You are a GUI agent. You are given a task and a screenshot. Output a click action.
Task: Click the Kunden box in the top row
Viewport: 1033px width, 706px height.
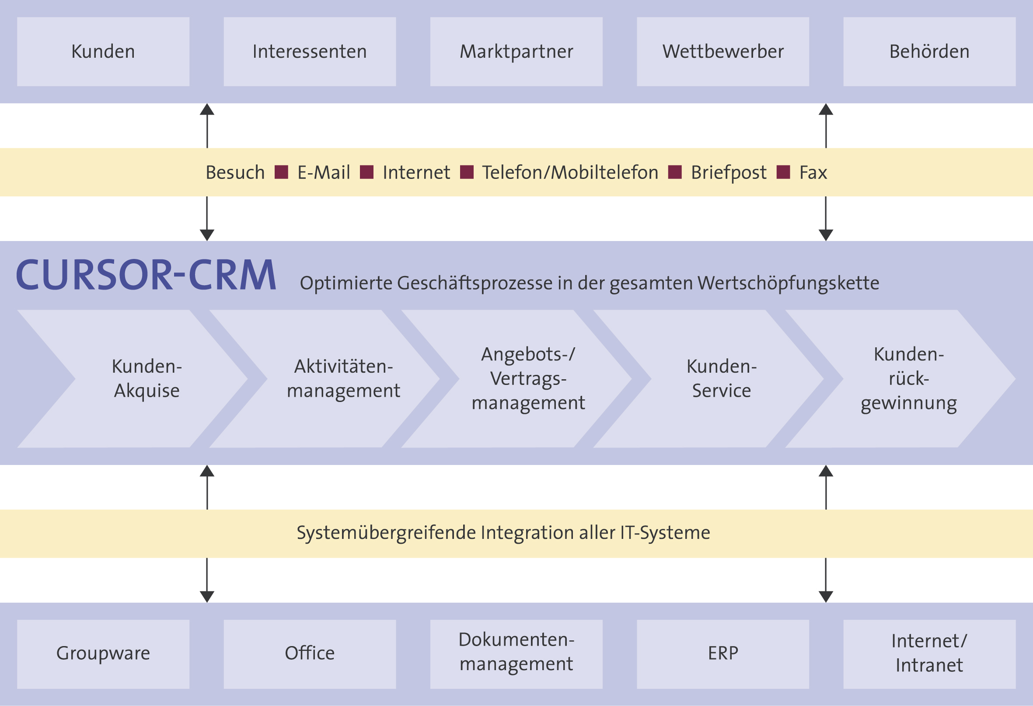click(x=103, y=52)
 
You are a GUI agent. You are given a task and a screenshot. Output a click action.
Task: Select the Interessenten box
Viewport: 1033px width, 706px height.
click(x=309, y=52)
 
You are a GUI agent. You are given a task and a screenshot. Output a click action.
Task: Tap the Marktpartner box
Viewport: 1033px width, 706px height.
click(x=516, y=52)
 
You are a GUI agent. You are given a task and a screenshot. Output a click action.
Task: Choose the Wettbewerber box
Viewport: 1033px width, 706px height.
click(x=723, y=52)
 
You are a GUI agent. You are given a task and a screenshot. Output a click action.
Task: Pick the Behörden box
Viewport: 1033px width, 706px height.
click(x=929, y=52)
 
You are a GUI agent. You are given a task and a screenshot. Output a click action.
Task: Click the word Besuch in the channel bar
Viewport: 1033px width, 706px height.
click(x=235, y=172)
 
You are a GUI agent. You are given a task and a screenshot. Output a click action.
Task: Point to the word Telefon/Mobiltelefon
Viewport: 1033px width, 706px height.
click(x=570, y=172)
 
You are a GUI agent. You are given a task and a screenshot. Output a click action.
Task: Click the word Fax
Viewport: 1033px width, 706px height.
click(x=813, y=172)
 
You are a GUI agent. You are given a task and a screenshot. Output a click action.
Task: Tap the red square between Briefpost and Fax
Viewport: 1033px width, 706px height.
click(x=783, y=172)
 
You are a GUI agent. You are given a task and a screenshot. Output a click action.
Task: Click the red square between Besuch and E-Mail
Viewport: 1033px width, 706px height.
click(x=281, y=172)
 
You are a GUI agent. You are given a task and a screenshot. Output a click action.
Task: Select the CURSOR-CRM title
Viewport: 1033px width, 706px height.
click(x=146, y=276)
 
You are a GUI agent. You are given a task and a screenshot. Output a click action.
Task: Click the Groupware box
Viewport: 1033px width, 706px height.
click(x=103, y=654)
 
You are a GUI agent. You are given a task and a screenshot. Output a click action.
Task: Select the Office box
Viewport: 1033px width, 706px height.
click(x=309, y=654)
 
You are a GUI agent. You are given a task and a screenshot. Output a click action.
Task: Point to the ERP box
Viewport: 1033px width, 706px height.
click(x=723, y=654)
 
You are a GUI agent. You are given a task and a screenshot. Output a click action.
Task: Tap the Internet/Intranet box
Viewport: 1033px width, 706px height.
click(x=929, y=654)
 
